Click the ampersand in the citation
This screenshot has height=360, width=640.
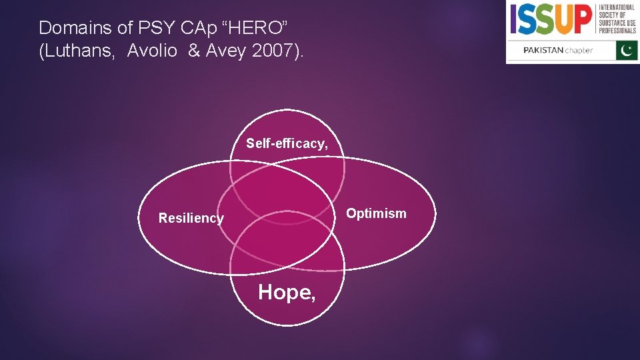coord(194,51)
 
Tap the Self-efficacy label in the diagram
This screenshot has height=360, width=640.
coord(287,143)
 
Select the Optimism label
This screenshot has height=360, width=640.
coord(376,213)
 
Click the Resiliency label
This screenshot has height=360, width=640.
coord(191,218)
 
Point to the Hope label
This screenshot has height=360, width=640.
coord(287,292)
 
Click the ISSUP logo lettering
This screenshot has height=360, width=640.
coord(551,20)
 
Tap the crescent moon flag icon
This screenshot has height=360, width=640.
coord(627,50)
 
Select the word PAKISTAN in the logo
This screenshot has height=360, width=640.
coord(543,51)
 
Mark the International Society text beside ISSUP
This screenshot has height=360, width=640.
coord(617,19)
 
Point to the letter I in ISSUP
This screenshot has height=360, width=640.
coord(513,20)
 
